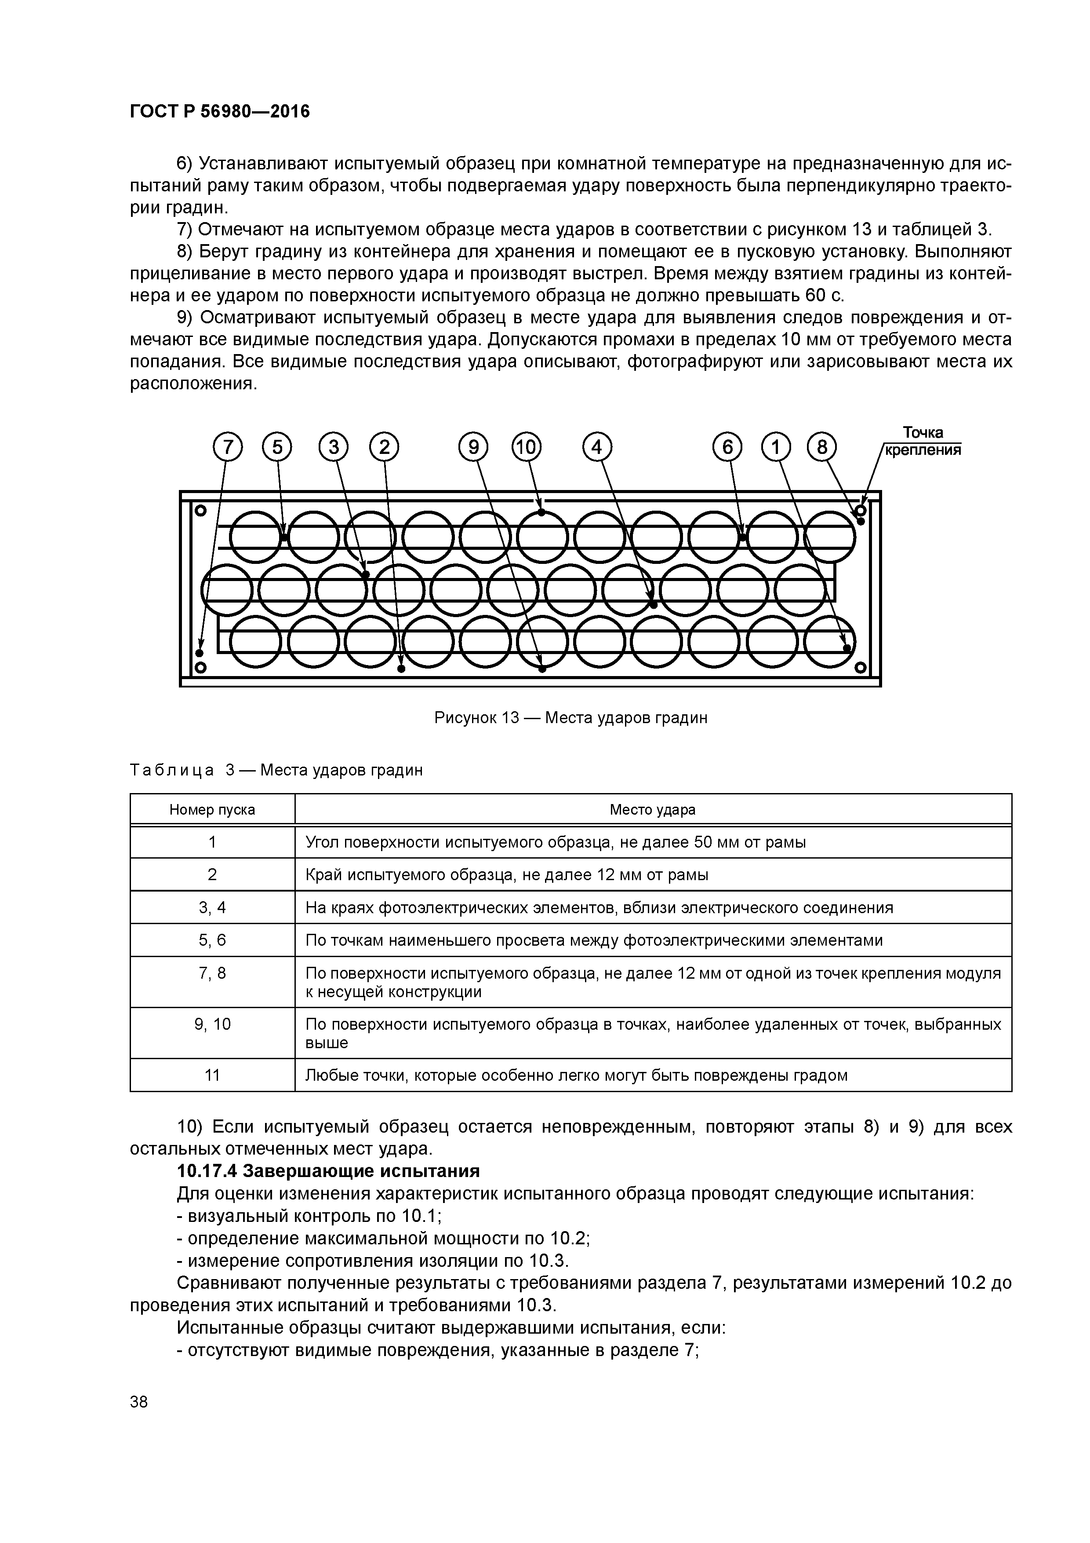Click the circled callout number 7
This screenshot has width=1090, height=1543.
[x=228, y=448]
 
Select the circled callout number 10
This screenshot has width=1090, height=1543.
[x=527, y=448]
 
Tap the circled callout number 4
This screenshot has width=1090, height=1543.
[x=597, y=448]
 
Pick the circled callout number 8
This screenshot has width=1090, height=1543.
[x=822, y=448]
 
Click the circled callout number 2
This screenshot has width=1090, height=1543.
[x=384, y=448]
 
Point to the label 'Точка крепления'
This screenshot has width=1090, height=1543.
[x=922, y=441]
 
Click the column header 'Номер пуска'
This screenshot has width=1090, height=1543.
[x=212, y=810]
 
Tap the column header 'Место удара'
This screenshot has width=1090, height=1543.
[x=652, y=810]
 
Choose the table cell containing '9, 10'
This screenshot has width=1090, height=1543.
[x=212, y=1024]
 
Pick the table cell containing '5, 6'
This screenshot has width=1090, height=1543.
[x=212, y=940]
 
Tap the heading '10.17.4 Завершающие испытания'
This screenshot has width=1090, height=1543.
[x=328, y=1171]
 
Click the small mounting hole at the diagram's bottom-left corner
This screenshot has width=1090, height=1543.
[x=200, y=667]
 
